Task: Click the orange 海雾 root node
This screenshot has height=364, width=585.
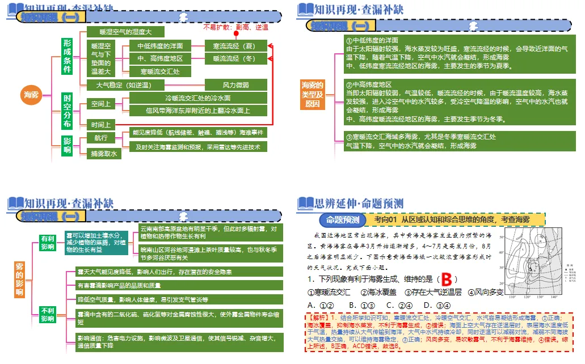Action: [x=32, y=94]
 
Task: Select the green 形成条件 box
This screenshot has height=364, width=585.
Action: [x=68, y=56]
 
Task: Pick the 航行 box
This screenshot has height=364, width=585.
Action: [x=100, y=138]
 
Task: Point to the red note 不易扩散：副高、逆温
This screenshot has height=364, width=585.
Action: [x=235, y=27]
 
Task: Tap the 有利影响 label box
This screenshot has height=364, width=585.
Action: [x=47, y=243]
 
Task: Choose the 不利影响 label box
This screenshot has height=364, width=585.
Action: [x=47, y=314]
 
